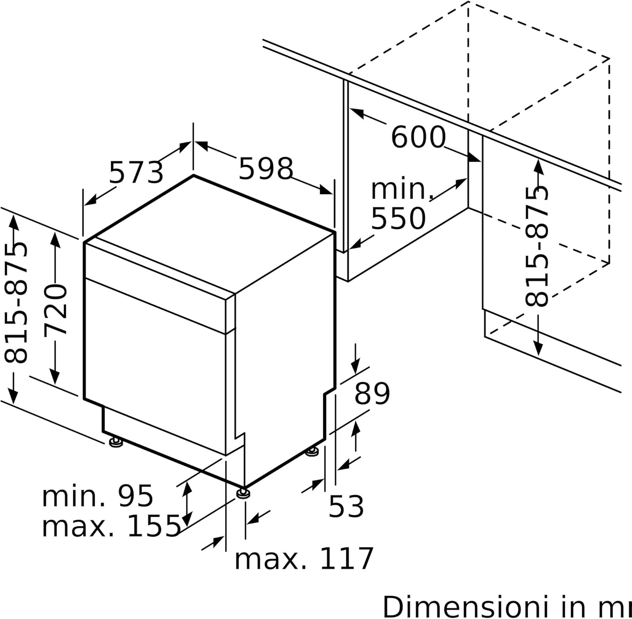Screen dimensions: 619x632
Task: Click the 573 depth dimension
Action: coord(136,172)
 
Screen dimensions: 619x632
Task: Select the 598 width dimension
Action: coord(265,168)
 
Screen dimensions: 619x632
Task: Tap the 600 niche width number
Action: coord(418,137)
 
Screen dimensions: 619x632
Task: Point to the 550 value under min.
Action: coord(398,218)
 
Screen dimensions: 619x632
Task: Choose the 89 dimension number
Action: coord(372,393)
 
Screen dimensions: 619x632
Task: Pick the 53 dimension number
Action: coord(346,506)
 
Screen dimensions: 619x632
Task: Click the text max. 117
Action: coord(304,559)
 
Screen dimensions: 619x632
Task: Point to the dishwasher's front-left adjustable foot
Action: coord(115,442)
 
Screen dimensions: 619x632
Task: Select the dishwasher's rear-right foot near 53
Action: coord(312,452)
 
